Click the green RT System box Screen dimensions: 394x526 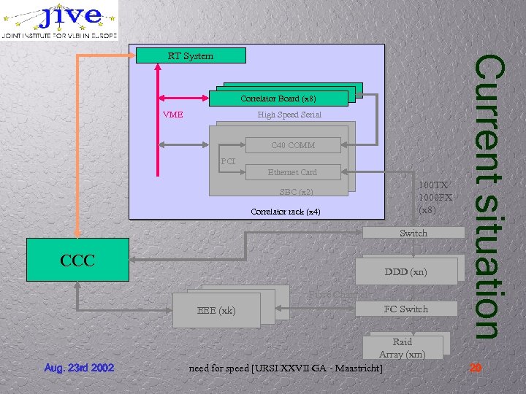click(x=190, y=55)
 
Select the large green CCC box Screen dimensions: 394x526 click(x=77, y=260)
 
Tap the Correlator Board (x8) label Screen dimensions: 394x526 click(x=278, y=98)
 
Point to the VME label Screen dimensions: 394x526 click(x=173, y=115)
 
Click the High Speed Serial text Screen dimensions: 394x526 click(x=289, y=115)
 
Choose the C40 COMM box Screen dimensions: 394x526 click(x=292, y=145)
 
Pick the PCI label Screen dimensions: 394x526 click(x=228, y=161)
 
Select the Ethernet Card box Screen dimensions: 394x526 click(x=292, y=172)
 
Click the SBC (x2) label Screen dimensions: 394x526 click(x=296, y=193)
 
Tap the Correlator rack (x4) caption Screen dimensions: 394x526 click(x=285, y=212)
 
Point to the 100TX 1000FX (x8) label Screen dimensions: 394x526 click(x=435, y=198)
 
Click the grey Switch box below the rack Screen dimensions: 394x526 click(x=413, y=233)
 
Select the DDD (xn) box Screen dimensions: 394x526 click(x=405, y=272)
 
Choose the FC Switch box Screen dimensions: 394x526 click(x=405, y=309)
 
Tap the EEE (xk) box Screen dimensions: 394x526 click(x=217, y=311)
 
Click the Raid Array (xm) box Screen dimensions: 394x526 click(x=403, y=347)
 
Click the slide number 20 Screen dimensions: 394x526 click(x=476, y=368)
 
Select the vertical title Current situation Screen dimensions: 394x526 click(x=487, y=197)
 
